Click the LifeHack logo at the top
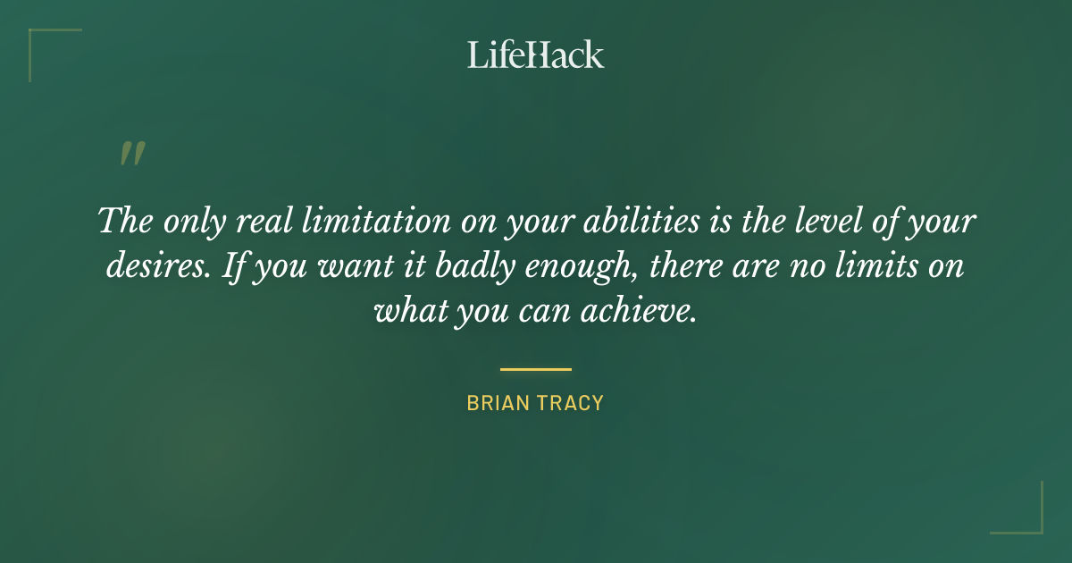pyautogui.click(x=536, y=54)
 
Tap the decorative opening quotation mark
pyautogui.click(x=131, y=155)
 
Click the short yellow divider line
pyautogui.click(x=536, y=368)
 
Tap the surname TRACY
pyautogui.click(x=574, y=403)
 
